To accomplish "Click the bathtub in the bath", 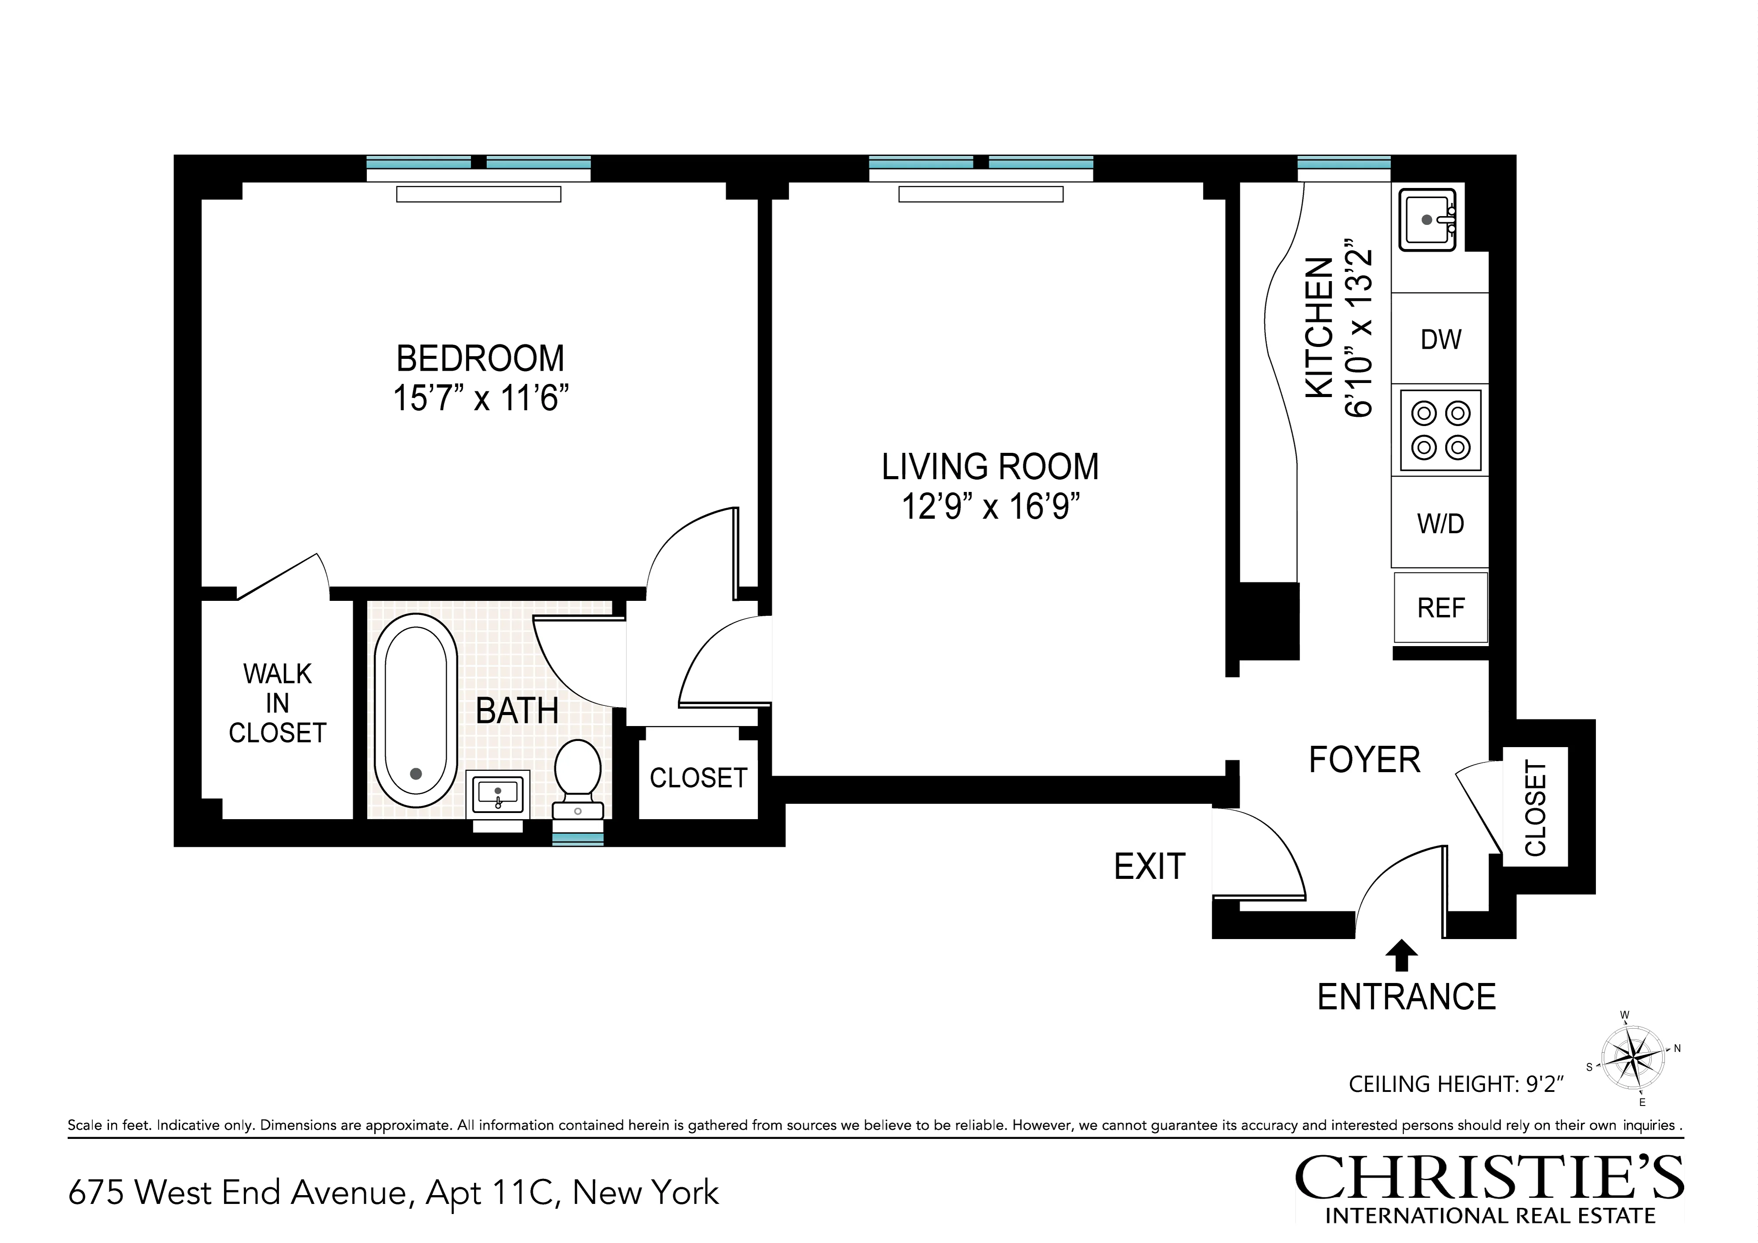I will coord(416,716).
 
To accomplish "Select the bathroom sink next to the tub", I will coord(498,794).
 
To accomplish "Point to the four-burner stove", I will coord(1440,430).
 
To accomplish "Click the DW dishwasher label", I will coord(1440,339).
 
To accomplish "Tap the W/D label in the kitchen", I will coord(1440,524).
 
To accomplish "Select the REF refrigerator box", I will coord(1440,608).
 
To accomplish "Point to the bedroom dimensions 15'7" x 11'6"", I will coord(481,398).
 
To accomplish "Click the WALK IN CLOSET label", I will coord(277,703).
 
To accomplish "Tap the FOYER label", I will coord(1364,760).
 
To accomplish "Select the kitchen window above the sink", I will coord(1344,162).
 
